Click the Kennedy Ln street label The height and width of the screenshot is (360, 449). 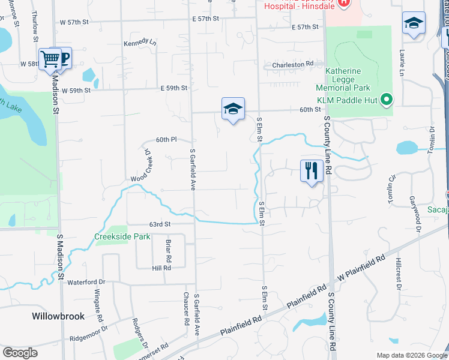tap(139, 43)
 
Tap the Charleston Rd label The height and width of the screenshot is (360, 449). tap(293, 64)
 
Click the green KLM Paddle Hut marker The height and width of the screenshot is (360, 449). tap(387, 100)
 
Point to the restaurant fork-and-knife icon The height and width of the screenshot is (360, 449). tap(312, 170)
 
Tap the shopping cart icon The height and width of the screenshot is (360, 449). tap(50, 59)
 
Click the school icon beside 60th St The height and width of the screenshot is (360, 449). tap(233, 109)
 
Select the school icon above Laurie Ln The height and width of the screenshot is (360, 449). tap(414, 23)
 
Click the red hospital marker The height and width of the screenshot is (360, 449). tap(343, 2)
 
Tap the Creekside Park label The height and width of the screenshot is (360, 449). tap(122, 236)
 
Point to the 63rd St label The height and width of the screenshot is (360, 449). tap(160, 224)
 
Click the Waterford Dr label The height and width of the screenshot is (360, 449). tap(86, 282)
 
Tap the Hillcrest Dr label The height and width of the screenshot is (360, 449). tap(399, 274)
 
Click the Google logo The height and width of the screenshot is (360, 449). tap(20, 353)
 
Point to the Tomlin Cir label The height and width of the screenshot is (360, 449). tap(391, 188)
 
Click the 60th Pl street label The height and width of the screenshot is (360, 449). tap(166, 140)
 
